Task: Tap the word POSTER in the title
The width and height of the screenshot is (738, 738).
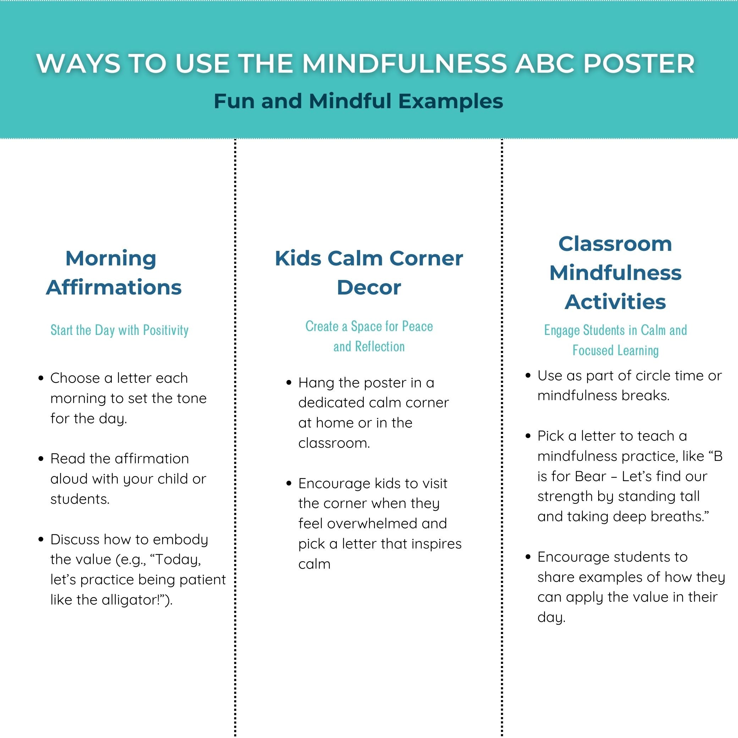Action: pyautogui.click(x=639, y=64)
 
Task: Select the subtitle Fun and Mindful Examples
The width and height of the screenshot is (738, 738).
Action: pyautogui.click(x=358, y=101)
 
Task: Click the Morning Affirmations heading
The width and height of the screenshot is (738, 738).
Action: pyautogui.click(x=114, y=273)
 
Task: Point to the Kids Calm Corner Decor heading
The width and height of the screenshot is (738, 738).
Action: pyautogui.click(x=369, y=273)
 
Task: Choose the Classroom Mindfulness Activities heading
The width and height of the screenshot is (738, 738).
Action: pyautogui.click(x=615, y=273)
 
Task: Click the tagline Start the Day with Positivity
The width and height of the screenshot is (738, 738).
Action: pyautogui.click(x=120, y=330)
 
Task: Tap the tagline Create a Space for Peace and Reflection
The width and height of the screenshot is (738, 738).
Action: pyautogui.click(x=369, y=336)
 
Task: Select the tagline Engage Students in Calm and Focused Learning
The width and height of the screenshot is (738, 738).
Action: pyautogui.click(x=615, y=340)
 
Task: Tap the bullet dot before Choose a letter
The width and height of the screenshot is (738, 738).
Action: pyautogui.click(x=41, y=378)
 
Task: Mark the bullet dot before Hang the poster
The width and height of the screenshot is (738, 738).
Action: pyautogui.click(x=289, y=383)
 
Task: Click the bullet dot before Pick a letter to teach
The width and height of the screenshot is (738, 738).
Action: pyautogui.click(x=528, y=436)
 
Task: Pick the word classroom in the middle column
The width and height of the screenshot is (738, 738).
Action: pyautogui.click(x=334, y=443)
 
